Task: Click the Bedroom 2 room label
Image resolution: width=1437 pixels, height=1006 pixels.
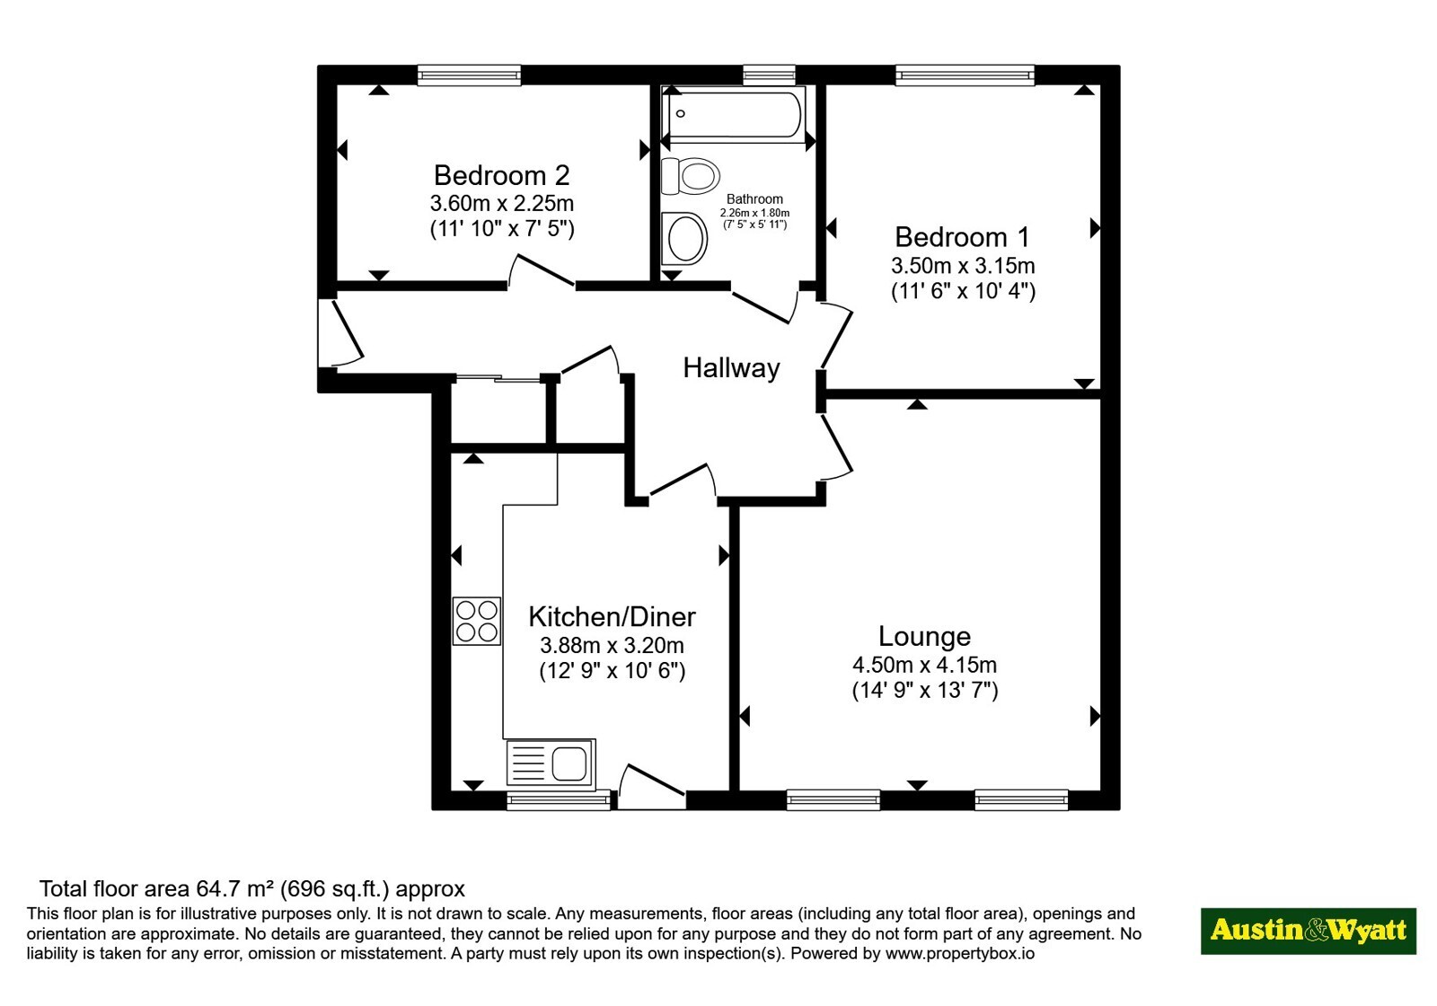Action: [x=502, y=175]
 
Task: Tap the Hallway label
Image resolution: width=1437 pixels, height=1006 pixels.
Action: [x=731, y=368]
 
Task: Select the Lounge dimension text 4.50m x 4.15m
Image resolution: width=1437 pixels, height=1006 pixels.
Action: [x=924, y=666]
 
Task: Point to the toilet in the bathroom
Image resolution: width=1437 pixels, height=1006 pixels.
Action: [x=691, y=175]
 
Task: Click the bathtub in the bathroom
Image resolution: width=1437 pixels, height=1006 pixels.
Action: [x=734, y=114]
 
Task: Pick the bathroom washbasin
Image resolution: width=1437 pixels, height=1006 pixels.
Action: [x=684, y=238]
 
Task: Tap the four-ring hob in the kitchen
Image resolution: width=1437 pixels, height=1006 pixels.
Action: [x=477, y=621]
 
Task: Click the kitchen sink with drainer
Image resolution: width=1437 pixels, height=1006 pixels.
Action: [x=551, y=763]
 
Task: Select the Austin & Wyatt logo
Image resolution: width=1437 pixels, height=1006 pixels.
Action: [x=1309, y=931]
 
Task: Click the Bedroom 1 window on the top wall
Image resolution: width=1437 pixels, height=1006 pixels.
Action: [x=965, y=75]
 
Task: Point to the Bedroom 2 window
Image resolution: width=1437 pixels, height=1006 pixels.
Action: [x=470, y=75]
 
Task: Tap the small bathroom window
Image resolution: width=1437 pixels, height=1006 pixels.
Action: [x=769, y=75]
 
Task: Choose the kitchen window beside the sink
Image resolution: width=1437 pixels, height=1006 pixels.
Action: [x=559, y=800]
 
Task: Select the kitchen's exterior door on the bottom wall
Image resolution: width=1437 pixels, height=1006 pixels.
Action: [x=652, y=787]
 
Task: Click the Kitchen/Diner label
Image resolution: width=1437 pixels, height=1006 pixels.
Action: [x=612, y=617]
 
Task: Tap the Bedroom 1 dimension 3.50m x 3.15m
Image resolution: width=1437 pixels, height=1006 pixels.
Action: [x=963, y=266]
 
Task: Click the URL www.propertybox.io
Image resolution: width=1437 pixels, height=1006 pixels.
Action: [x=960, y=953]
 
